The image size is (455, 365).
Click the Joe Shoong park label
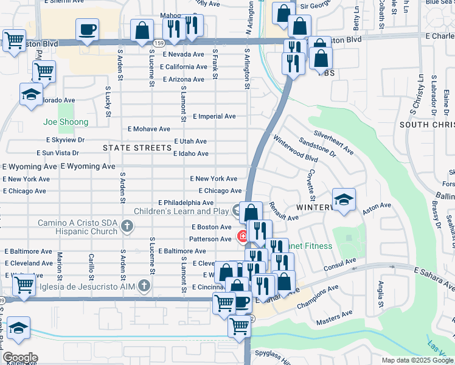coord(66,122)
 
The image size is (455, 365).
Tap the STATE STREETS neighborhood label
coord(137,148)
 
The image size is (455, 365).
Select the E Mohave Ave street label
coord(148,129)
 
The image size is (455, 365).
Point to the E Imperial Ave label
coord(214,116)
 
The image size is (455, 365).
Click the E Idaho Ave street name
coord(190,154)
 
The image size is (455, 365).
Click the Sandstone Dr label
coord(316,147)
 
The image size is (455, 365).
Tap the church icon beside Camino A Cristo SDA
coord(127,227)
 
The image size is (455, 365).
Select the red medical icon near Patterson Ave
coord(242,235)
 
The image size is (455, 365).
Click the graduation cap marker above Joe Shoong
coord(30,95)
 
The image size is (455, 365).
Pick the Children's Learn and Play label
coord(181,211)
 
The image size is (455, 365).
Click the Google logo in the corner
coord(20,357)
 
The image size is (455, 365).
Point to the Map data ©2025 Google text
coord(417,360)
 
